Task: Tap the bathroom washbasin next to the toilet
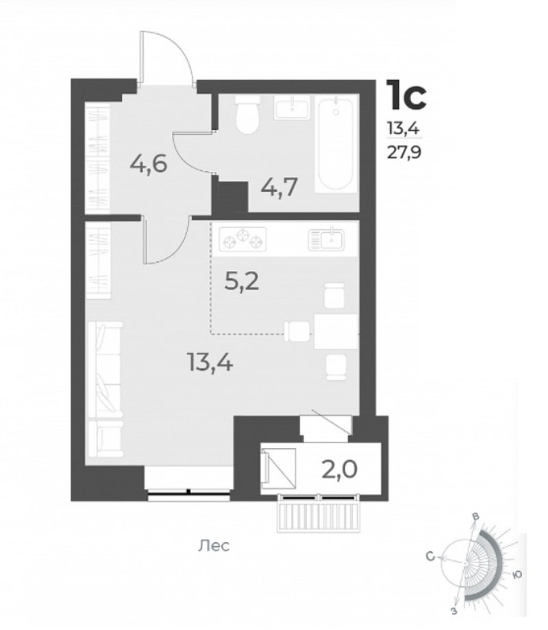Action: point(293,108)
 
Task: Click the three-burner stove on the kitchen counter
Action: point(242,239)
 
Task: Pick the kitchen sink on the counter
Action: point(326,240)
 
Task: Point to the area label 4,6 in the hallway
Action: point(148,164)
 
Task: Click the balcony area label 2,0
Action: point(339,469)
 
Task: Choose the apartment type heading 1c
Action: point(406,94)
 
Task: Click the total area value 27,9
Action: point(403,153)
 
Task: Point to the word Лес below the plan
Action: point(214,546)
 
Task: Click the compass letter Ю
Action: point(517,575)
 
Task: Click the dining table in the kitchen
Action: point(336,331)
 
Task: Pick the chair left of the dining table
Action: point(297,331)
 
